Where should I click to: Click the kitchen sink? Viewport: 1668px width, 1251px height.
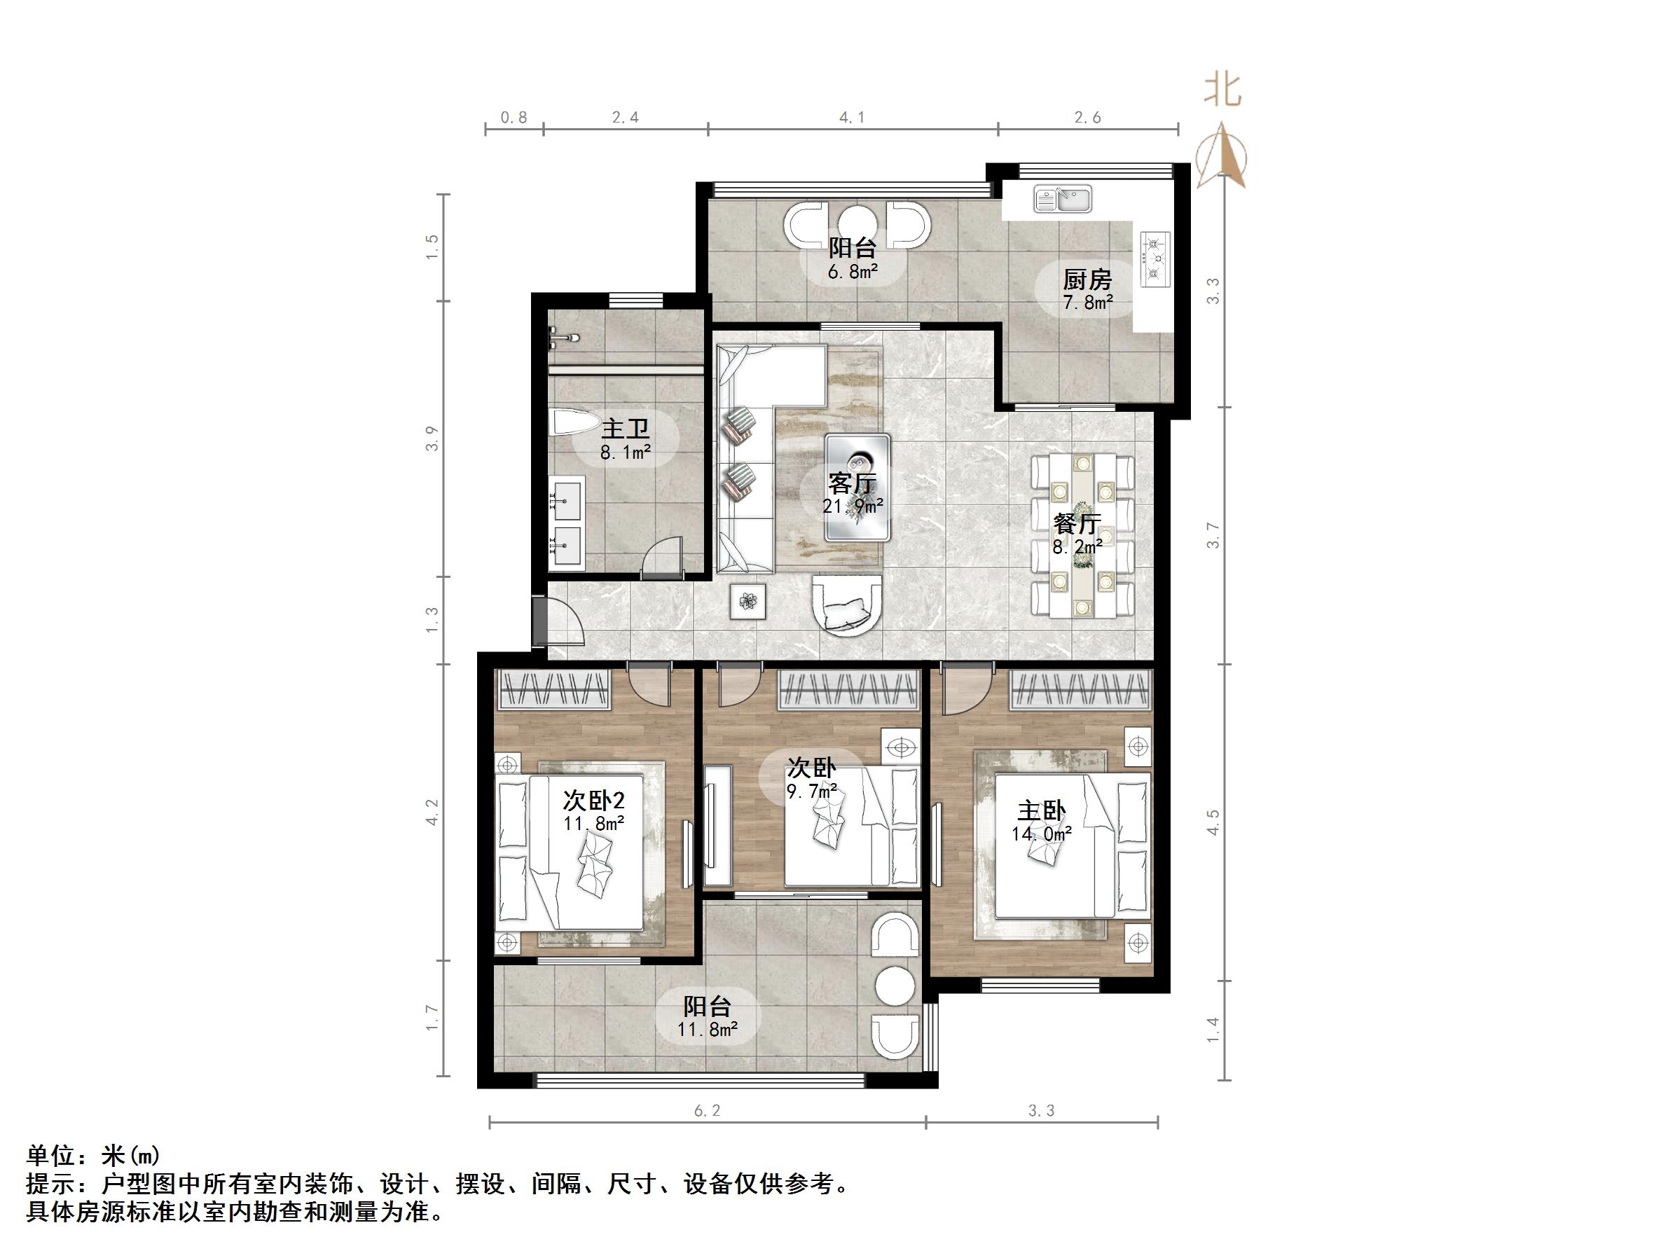point(1063,199)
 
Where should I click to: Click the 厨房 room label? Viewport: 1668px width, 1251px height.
point(1087,280)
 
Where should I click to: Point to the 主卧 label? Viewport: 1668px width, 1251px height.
point(1042,812)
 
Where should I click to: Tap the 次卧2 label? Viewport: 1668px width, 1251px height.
point(593,800)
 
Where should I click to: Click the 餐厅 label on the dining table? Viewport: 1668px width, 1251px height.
point(1077,523)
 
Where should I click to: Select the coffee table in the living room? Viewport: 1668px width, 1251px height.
point(857,487)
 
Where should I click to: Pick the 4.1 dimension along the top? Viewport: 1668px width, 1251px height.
point(852,118)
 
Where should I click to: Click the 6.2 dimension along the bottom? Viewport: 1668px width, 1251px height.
point(707,1111)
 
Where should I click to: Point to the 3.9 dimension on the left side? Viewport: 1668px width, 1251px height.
point(432,439)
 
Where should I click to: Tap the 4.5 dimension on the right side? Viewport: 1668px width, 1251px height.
point(1213,822)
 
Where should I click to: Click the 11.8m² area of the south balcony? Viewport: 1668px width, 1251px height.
point(707,1028)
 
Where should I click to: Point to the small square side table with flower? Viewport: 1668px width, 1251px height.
point(748,601)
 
